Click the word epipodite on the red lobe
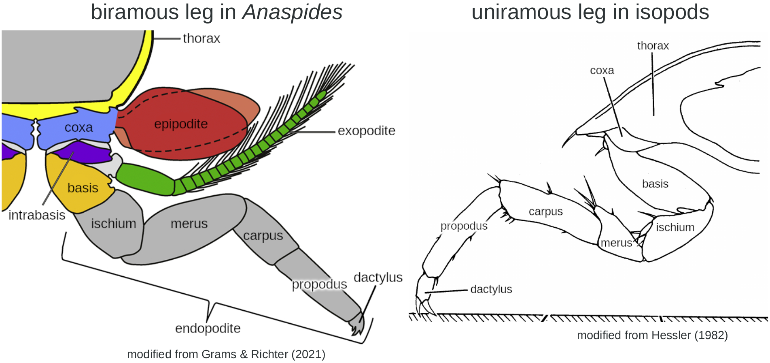coord(181,124)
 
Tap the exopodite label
coord(366,131)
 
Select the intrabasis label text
coord(37,215)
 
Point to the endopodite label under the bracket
coord(208,328)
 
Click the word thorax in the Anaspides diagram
coord(201,38)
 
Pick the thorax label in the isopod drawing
coord(653,46)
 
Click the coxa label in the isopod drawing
coord(602,70)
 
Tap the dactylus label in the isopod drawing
coord(491,289)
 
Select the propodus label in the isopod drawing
coord(464,226)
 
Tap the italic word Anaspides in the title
coord(292,12)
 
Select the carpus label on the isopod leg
coord(545,212)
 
